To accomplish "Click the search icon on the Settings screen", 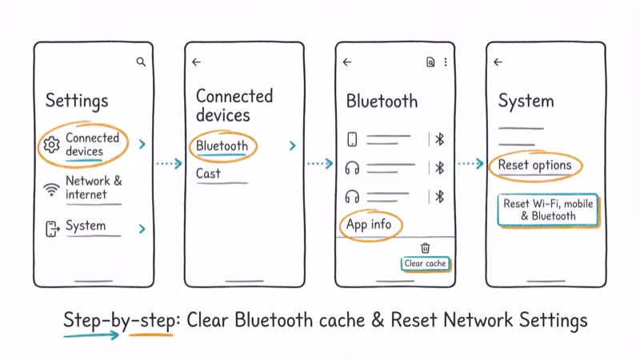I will (141, 62).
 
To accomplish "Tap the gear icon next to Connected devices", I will (52, 145).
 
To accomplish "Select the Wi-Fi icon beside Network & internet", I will (52, 189).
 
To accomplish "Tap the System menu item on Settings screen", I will (86, 226).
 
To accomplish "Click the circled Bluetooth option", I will (222, 146).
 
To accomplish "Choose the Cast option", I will (208, 174).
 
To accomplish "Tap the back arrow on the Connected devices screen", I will (197, 62).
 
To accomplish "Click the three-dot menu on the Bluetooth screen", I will (446, 62).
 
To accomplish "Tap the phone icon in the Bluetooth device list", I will (352, 140).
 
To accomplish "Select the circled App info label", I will (369, 225).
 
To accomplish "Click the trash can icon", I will (426, 248).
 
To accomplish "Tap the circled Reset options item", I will (534, 166).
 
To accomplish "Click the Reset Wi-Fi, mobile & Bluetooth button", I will (548, 210).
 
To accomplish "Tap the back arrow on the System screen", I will (498, 62).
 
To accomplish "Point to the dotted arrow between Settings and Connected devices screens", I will (169, 163).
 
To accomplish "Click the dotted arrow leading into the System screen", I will (470, 163).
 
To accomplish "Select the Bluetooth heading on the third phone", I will (382, 102).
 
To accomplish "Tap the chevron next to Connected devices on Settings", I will (142, 144).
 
